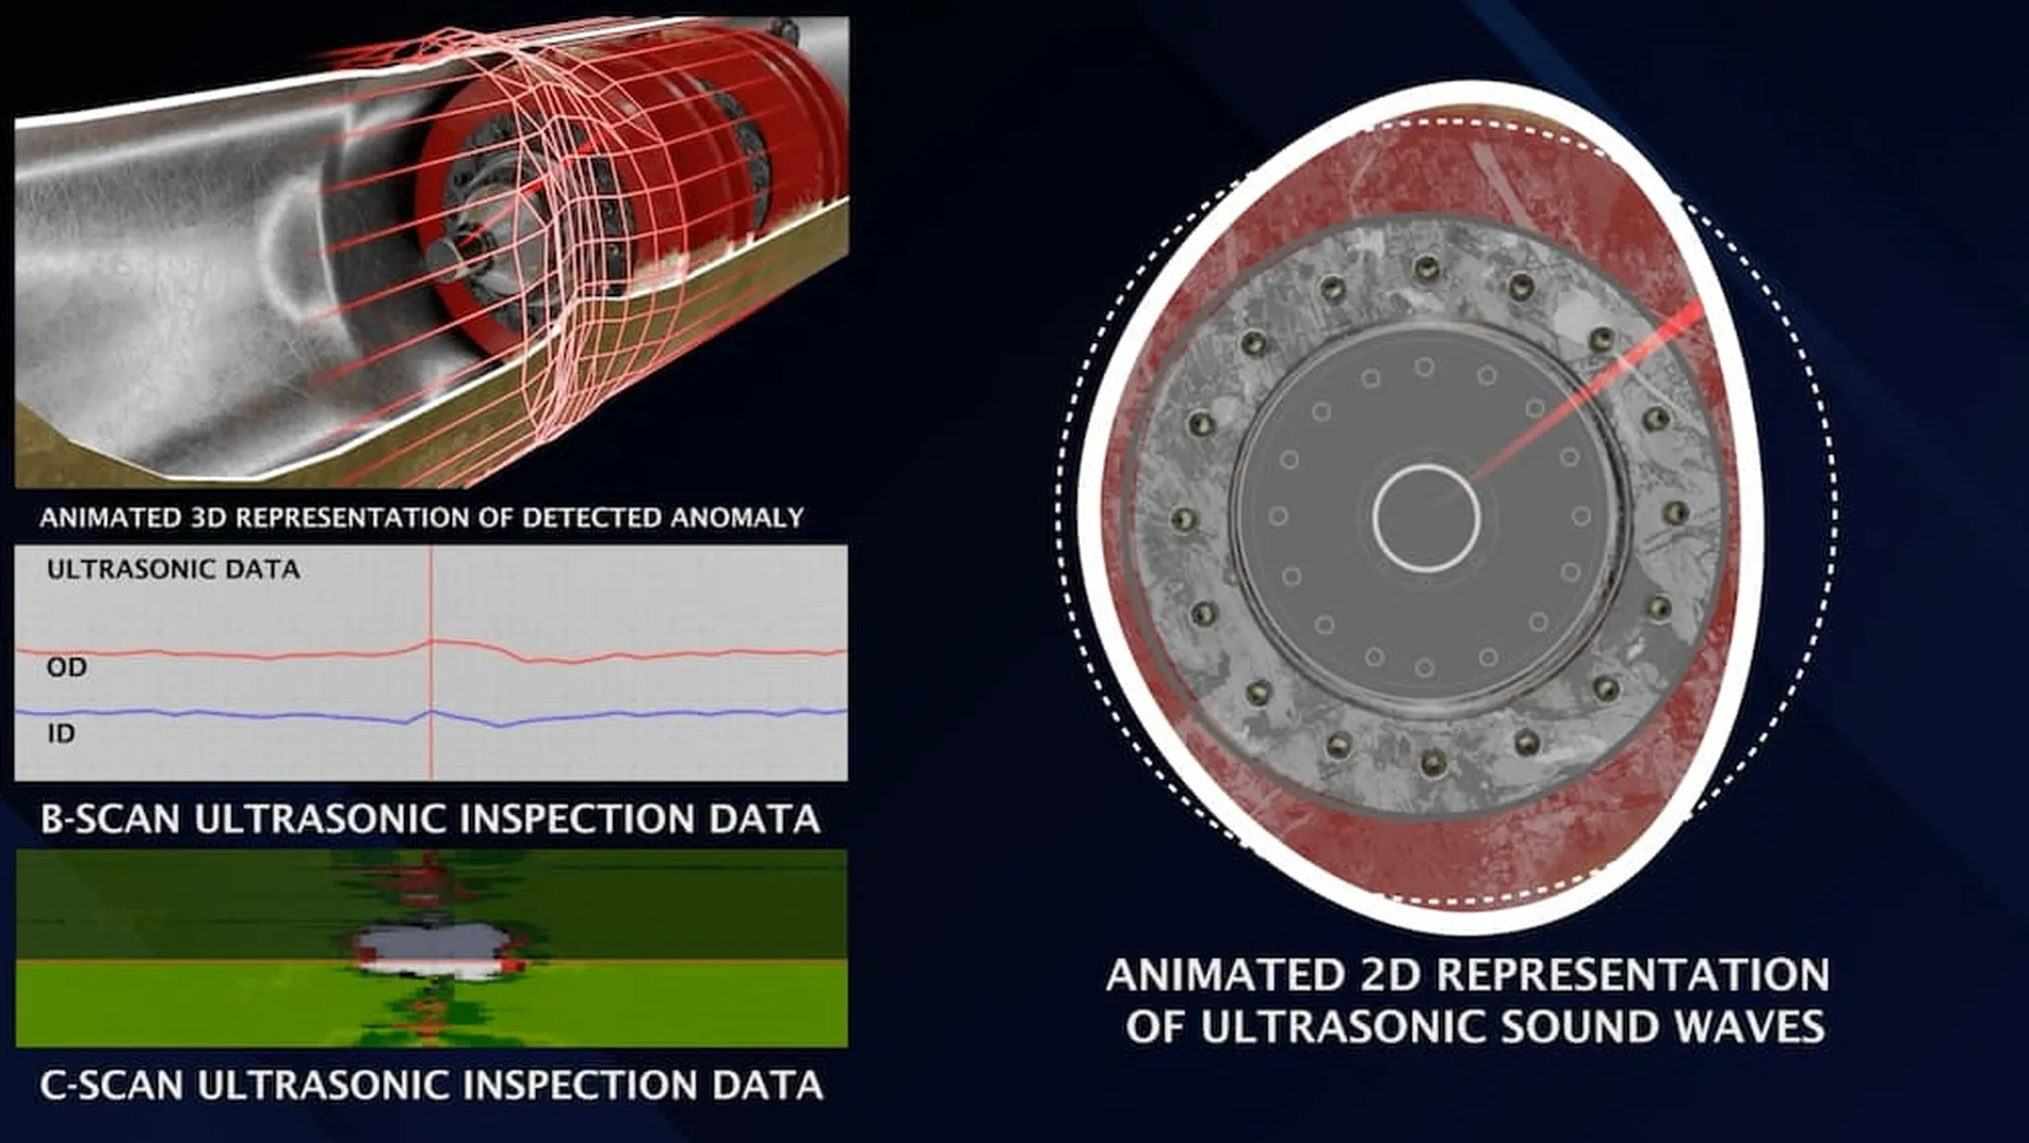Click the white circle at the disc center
point(1426,518)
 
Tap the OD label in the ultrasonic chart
point(66,667)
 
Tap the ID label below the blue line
point(61,733)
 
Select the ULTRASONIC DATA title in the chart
point(173,569)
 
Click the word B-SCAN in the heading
point(110,819)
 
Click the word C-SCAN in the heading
point(112,1085)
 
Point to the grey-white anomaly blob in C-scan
point(433,950)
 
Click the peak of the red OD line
point(432,640)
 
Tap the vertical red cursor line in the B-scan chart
point(431,590)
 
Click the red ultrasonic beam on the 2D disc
point(1586,397)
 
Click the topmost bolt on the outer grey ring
point(1426,268)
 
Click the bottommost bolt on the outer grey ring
point(1432,762)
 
